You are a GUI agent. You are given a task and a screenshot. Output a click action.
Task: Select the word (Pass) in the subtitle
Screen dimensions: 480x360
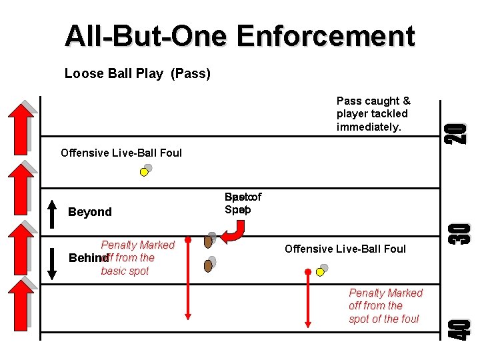190,73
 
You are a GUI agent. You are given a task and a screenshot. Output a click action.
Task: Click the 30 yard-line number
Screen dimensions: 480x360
459,232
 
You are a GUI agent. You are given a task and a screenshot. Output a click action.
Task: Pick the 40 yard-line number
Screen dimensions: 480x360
459,327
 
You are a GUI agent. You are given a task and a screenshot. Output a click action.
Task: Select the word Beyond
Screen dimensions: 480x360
90,212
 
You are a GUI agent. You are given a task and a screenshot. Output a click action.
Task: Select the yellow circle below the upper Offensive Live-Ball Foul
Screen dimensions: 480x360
143,172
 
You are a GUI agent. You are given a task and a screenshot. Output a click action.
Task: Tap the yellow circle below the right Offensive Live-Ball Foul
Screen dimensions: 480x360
321,272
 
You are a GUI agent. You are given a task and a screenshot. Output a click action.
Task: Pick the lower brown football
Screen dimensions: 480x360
208,265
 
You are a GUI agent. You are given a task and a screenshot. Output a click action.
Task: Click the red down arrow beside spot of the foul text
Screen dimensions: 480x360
307,300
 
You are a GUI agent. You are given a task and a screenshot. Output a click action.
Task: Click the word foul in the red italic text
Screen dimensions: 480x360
407,319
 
